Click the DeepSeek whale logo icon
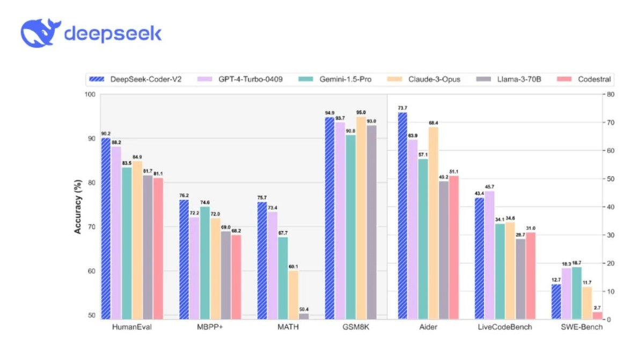(39, 33)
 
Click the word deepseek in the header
(113, 33)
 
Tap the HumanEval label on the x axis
(132, 327)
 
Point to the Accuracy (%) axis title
(78, 207)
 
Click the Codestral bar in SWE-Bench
(597, 315)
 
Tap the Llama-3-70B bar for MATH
(304, 316)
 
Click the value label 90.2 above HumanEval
(106, 134)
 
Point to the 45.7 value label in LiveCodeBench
(489, 187)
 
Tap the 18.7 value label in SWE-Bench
(577, 263)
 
